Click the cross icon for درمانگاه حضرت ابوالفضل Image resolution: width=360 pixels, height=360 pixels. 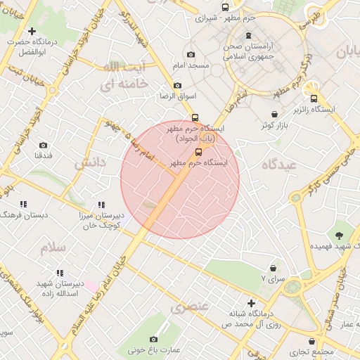[32, 31]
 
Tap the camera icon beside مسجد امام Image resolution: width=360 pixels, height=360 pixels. [191, 55]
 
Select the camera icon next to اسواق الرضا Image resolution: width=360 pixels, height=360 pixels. [177, 85]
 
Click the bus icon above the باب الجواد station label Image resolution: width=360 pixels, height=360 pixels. [195, 118]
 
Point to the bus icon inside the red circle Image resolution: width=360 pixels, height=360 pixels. [198, 152]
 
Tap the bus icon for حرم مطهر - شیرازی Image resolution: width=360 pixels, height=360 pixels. [225, 7]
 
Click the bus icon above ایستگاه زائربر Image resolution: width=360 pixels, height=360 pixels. [314, 98]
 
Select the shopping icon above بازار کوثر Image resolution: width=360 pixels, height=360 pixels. [274, 114]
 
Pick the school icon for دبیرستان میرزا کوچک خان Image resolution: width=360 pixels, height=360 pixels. [102, 205]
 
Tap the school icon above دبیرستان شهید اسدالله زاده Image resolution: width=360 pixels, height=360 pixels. [60, 272]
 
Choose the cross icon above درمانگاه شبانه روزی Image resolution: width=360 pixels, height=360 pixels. [251, 303]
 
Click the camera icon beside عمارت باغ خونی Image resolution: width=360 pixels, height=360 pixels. [154, 340]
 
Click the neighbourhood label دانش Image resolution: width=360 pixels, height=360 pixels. [91, 162]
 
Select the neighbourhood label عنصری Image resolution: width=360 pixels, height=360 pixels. [190, 307]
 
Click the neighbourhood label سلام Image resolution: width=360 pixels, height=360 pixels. [53, 248]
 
